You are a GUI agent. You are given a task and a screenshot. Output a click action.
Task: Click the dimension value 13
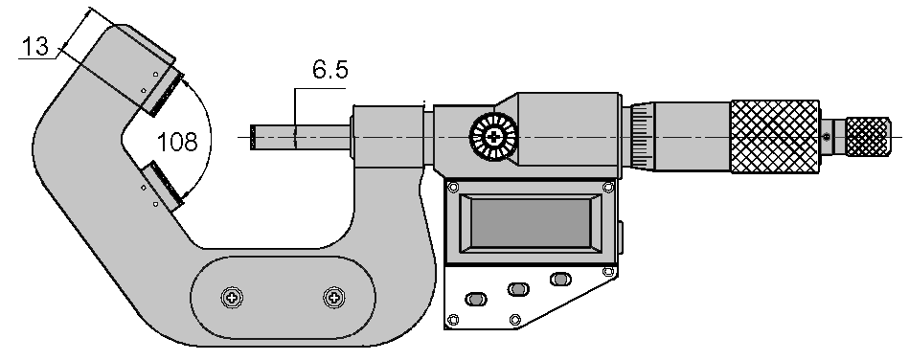coord(35,46)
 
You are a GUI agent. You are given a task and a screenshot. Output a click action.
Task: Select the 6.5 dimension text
coord(330,70)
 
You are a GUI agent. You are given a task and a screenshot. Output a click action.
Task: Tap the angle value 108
coord(177,142)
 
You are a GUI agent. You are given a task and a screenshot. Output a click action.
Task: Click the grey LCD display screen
coord(530,223)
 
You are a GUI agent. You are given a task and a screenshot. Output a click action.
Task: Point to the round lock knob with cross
coord(493,137)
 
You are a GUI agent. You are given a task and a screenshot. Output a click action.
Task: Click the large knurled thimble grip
coord(775,137)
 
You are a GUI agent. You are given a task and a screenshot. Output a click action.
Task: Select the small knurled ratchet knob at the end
coord(867,137)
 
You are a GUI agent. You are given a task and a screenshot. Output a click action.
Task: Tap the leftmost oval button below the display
coord(476,299)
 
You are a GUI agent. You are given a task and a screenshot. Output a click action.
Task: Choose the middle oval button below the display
coord(517,289)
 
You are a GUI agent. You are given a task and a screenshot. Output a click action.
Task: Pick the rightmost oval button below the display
coord(559,279)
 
